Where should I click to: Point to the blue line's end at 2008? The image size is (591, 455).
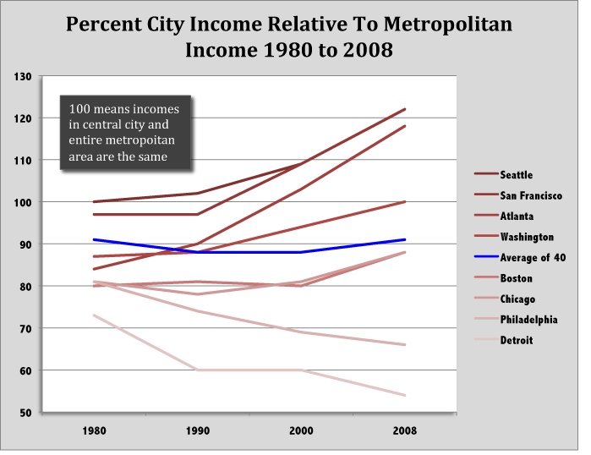(405, 239)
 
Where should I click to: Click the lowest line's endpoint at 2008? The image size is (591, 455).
(405, 395)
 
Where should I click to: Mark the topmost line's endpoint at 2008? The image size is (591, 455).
(405, 109)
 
